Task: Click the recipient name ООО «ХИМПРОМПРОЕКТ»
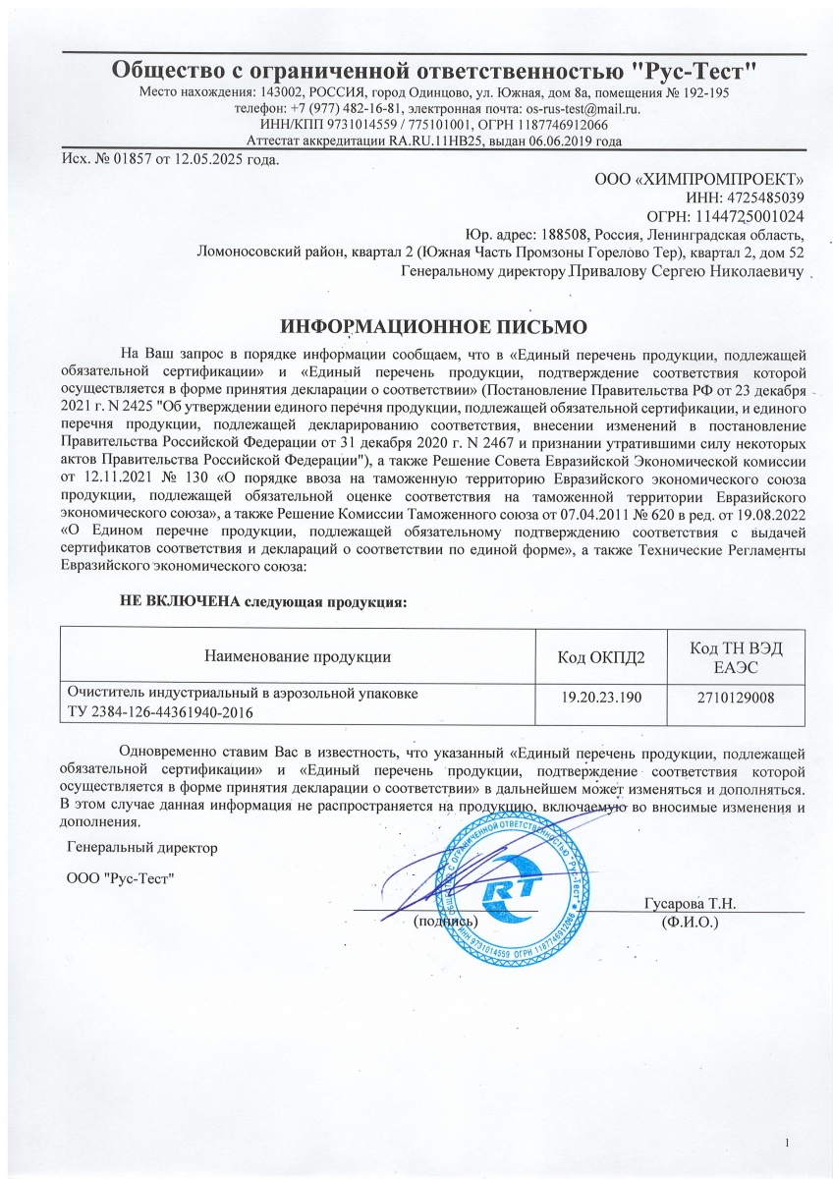pos(699,179)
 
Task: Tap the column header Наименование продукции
pos(298,655)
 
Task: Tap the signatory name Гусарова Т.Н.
pos(690,904)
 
